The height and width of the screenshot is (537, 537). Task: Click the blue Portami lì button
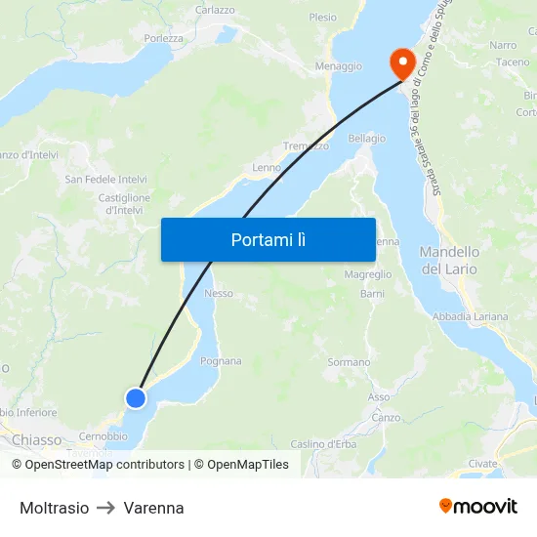click(x=268, y=239)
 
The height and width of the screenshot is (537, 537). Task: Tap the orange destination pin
click(x=401, y=63)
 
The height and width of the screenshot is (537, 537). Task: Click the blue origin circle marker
click(x=136, y=397)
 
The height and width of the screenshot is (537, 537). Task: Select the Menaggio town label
click(x=339, y=66)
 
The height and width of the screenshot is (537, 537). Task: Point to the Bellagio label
click(x=366, y=139)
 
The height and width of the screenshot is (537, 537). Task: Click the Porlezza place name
click(x=163, y=39)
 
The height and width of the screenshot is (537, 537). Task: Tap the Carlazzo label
click(x=215, y=10)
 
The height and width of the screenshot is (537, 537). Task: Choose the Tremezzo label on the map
click(x=306, y=145)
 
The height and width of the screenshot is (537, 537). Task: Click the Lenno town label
click(x=267, y=168)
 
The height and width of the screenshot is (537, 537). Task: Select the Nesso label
click(x=219, y=293)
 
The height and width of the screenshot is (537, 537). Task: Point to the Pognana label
click(x=221, y=361)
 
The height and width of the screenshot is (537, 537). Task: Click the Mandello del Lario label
click(x=449, y=260)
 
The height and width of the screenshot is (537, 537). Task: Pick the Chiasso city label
click(x=37, y=440)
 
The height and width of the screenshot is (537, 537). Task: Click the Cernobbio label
click(x=103, y=435)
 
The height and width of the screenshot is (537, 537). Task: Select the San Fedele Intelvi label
click(x=106, y=180)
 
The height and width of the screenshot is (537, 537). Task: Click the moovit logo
click(x=478, y=507)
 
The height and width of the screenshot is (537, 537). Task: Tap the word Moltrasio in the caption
click(x=55, y=508)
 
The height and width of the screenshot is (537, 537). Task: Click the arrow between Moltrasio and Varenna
click(x=106, y=508)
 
